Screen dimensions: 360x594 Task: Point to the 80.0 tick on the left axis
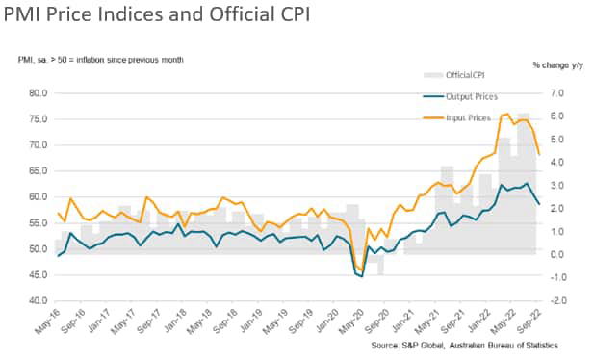[39, 93]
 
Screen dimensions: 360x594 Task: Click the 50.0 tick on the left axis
[39, 249]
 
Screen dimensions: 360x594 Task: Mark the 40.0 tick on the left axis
[39, 301]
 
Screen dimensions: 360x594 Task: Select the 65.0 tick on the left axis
[39, 171]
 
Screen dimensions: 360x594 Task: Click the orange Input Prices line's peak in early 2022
[507, 115]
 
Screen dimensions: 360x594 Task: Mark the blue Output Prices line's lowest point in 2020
[361, 276]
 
